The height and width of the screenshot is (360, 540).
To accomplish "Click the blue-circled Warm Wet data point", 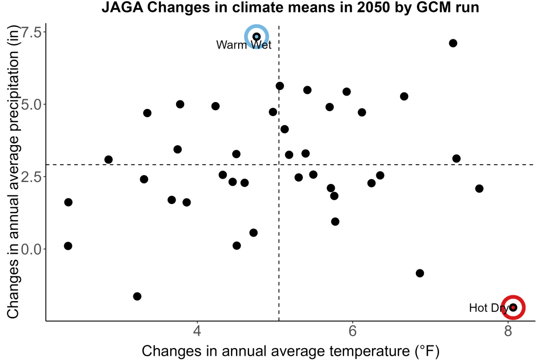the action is click(x=256, y=37).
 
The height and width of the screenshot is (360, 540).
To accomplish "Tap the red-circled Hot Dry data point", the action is click(x=513, y=307).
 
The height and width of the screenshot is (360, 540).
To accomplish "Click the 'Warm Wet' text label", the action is click(x=244, y=45).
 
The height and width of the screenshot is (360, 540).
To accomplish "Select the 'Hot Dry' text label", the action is click(x=489, y=308).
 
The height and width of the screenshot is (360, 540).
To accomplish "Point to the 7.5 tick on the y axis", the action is click(x=31, y=32).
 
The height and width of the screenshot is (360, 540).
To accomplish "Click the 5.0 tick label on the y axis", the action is click(x=31, y=104).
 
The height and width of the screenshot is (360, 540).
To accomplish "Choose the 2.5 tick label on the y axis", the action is click(x=31, y=176).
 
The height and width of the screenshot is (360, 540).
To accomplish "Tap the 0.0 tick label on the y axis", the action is click(x=31, y=249).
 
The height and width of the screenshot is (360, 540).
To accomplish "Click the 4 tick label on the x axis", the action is click(x=197, y=331).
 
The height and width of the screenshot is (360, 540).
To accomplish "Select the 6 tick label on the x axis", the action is click(x=352, y=331).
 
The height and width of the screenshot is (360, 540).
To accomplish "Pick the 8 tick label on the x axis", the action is click(x=508, y=331).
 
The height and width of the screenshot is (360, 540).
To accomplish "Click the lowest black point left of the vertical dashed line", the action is click(x=137, y=296).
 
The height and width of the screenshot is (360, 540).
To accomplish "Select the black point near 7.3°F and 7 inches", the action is click(x=453, y=43).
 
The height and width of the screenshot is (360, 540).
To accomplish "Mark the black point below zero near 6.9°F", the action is click(x=420, y=273).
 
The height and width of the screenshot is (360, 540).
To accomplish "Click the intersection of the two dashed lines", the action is click(x=279, y=165).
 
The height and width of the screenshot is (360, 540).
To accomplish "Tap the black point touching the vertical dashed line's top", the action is click(x=280, y=86).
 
